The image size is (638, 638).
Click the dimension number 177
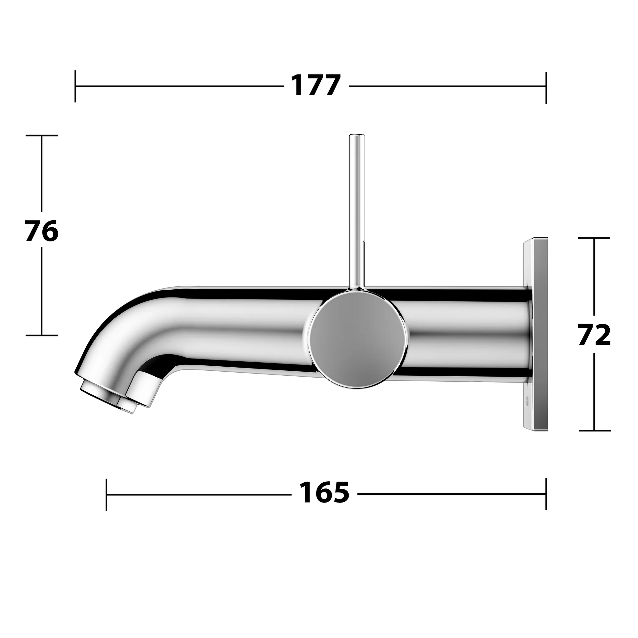point(316,86)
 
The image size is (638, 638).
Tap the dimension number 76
point(42,231)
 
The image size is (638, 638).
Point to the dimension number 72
point(594,335)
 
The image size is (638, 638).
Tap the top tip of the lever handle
point(357,136)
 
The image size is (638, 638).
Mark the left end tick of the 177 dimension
point(75,86)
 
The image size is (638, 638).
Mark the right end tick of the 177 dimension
point(546,88)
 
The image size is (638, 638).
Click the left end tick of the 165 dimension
point(106,494)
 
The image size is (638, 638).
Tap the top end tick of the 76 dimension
point(42,136)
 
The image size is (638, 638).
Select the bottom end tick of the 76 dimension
point(42,335)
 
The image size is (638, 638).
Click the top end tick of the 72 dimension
point(594,238)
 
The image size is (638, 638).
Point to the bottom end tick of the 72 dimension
point(594,431)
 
